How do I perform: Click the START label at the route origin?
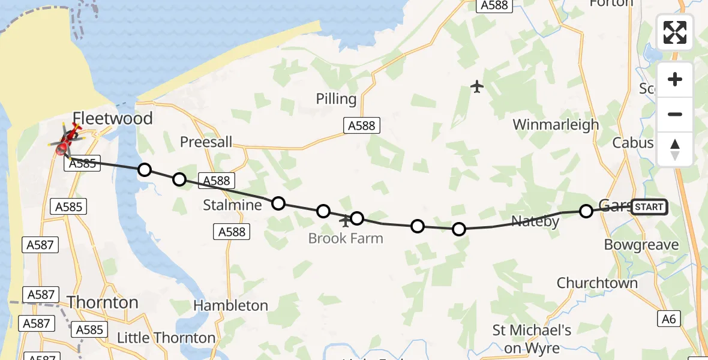click(x=649, y=207)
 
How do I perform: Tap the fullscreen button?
click(x=675, y=32)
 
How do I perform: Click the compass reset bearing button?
click(x=675, y=149)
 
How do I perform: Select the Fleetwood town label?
click(x=113, y=118)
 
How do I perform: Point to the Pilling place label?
click(x=336, y=99)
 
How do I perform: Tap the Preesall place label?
click(x=206, y=142)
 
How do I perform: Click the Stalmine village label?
click(x=232, y=205)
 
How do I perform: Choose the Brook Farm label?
click(x=345, y=238)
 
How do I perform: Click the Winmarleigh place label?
click(x=556, y=125)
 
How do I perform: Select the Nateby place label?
click(x=535, y=221)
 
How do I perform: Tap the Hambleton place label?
click(x=230, y=305)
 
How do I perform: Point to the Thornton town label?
click(x=103, y=302)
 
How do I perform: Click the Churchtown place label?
click(x=596, y=283)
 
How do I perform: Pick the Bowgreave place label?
click(x=641, y=245)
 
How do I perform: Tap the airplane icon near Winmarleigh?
click(x=477, y=87)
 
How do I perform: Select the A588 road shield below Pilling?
click(x=362, y=125)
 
